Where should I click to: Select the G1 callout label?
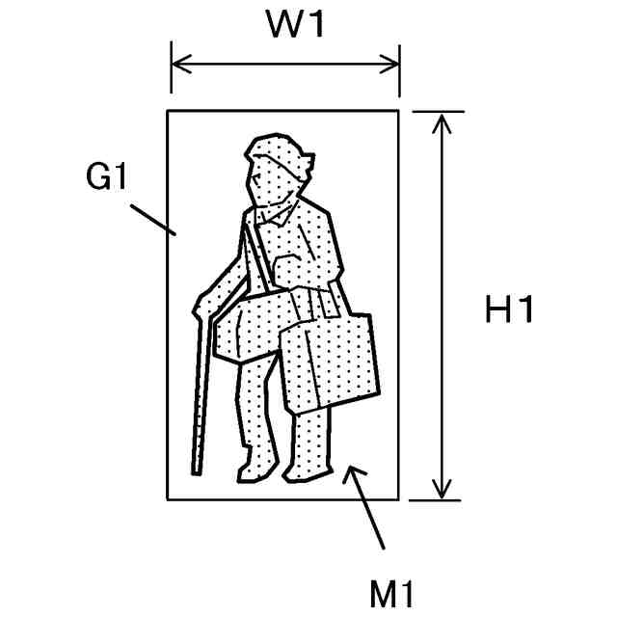pos(107,178)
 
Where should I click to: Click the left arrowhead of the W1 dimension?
pos(176,66)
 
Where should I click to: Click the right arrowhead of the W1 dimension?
pos(393,66)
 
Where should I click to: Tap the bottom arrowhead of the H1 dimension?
pos(442,493)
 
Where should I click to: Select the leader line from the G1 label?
pos(151,217)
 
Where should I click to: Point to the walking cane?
pos(201,395)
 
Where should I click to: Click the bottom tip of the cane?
pos(196,471)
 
